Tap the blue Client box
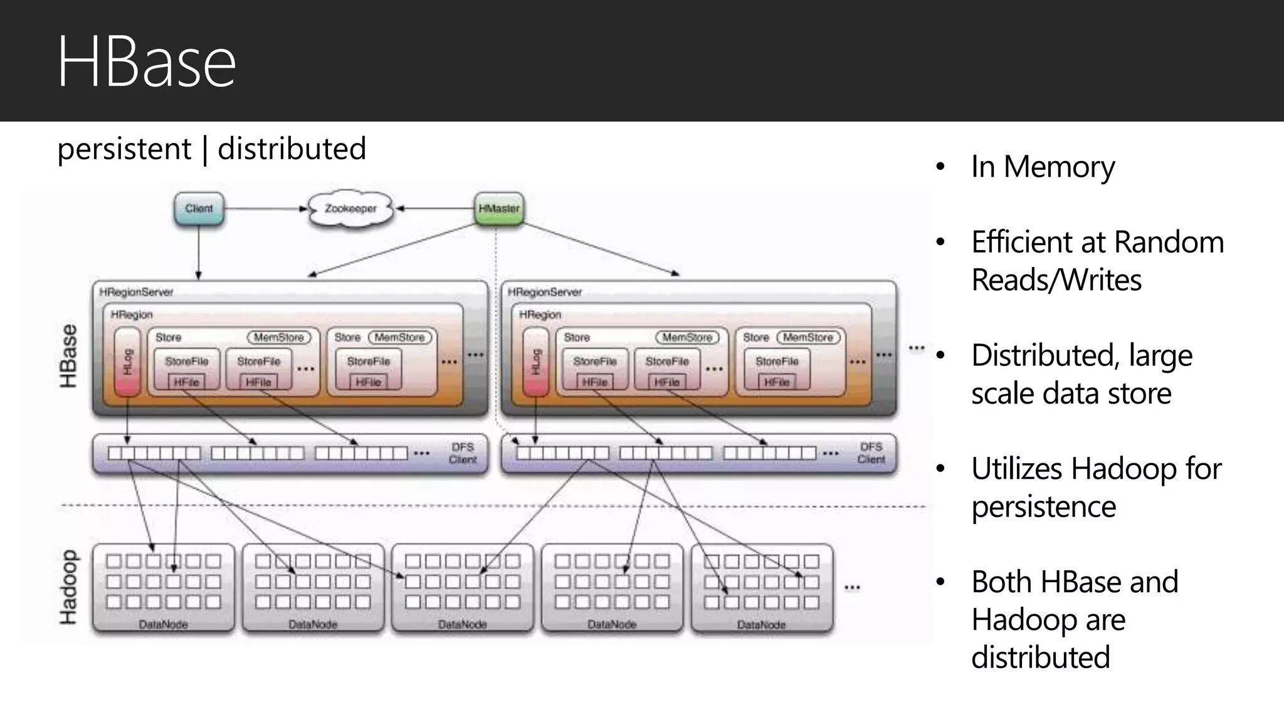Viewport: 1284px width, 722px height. pyautogui.click(x=199, y=209)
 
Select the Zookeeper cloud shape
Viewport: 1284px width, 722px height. pyautogui.click(x=350, y=209)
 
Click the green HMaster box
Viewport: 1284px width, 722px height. pyautogui.click(x=499, y=209)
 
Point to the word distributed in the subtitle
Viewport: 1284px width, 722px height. pyautogui.click(x=292, y=149)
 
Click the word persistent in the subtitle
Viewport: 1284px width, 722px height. pyautogui.click(x=124, y=149)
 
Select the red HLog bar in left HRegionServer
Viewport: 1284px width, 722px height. pyautogui.click(x=128, y=362)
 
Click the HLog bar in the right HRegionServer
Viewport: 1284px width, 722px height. pyautogui.click(x=536, y=362)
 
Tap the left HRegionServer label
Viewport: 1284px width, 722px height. pyautogui.click(x=136, y=292)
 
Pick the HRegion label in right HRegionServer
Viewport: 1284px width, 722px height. pyautogui.click(x=540, y=314)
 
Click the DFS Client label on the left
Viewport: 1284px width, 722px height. pyautogui.click(x=463, y=453)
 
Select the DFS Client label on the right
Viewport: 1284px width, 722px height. pyautogui.click(x=871, y=453)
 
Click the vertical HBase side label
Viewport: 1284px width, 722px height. pyautogui.click(x=68, y=356)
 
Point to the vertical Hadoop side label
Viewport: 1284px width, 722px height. pyautogui.click(x=68, y=587)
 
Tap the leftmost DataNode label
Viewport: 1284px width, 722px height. pyautogui.click(x=163, y=625)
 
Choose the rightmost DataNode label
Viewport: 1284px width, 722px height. pyautogui.click(x=761, y=625)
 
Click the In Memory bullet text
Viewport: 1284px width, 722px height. pyautogui.click(x=1043, y=167)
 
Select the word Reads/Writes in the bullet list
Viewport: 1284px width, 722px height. pyautogui.click(x=1056, y=280)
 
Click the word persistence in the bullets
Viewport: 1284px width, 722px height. pyautogui.click(x=1043, y=507)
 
